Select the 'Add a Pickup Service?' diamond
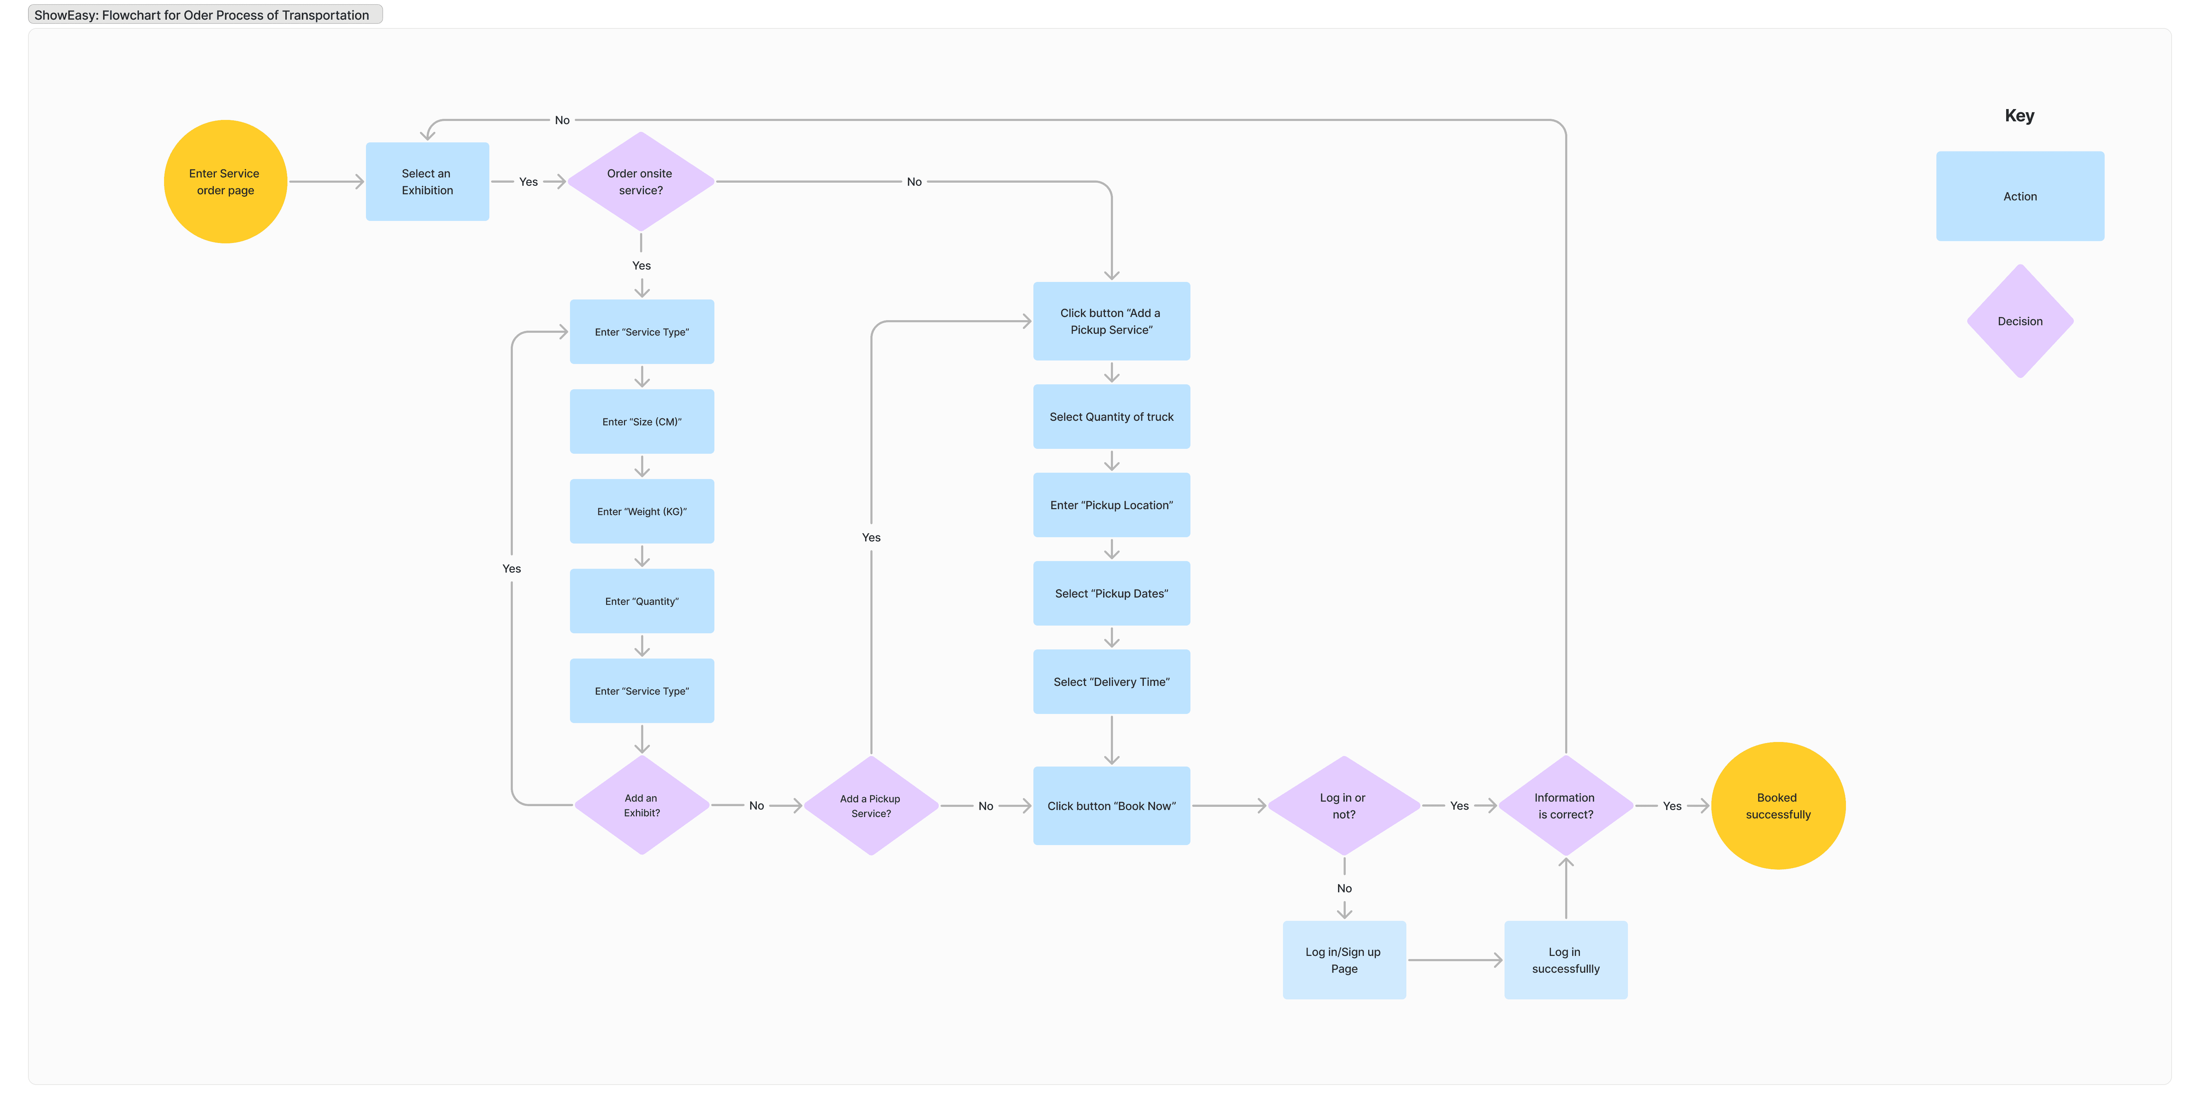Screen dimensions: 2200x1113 pos(871,805)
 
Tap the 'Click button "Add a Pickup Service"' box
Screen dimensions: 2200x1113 pos(1111,321)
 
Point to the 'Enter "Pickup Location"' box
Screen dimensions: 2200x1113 pos(1111,505)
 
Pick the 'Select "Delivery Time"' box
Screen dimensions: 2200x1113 pos(1111,682)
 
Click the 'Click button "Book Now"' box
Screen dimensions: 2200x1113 pos(1111,805)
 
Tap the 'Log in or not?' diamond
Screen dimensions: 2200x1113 pos(1343,805)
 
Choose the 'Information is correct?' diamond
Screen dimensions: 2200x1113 pos(1566,805)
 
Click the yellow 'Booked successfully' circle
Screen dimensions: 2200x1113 pos(1778,805)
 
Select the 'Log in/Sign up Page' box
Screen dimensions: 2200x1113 pos(1343,960)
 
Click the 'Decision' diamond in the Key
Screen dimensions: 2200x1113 pos(2020,321)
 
